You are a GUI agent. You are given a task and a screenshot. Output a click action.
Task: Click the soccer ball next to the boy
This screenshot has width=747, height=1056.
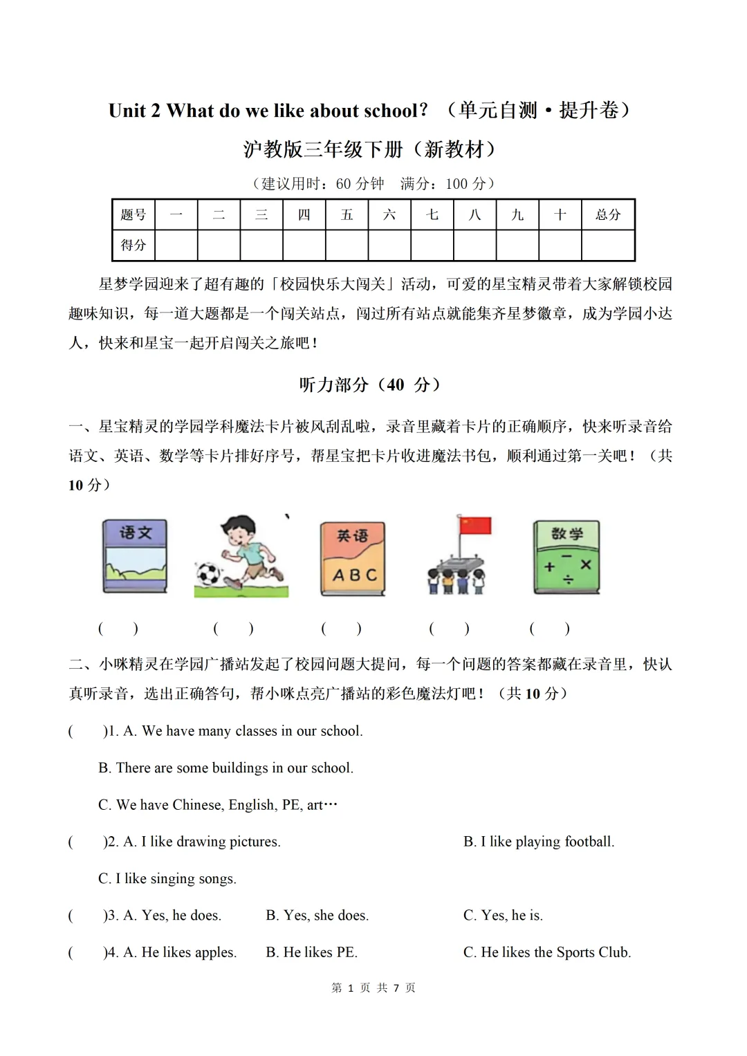coord(207,573)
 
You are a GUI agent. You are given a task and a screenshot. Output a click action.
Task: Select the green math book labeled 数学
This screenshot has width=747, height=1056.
coord(566,557)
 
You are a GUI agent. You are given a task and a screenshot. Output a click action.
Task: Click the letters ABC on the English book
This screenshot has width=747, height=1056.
coord(354,575)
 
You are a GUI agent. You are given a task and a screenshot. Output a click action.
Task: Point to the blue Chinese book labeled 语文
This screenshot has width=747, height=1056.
coord(135,557)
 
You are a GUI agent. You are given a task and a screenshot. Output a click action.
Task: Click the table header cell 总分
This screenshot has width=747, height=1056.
coord(608,214)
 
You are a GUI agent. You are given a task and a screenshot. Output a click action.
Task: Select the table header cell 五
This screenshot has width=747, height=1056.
coord(347,214)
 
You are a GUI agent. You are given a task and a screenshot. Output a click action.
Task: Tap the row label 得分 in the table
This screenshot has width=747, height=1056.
coord(133,245)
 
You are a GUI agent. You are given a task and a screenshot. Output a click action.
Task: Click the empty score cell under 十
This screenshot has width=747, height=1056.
coord(560,245)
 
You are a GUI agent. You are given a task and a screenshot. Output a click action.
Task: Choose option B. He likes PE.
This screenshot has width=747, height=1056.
coord(311,952)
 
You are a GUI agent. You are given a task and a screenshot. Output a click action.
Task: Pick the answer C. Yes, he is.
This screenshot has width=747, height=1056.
coord(503,916)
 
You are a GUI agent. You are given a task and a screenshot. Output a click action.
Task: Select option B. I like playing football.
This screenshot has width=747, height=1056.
coord(538,842)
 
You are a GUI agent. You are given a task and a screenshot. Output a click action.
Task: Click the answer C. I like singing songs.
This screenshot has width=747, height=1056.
coord(167,878)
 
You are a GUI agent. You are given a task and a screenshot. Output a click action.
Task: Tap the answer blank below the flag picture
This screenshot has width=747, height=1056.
coord(449,629)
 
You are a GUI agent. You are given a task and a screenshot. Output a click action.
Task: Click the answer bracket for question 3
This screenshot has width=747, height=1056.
coord(85,916)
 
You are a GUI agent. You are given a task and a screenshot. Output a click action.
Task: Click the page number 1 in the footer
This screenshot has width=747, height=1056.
coord(351,988)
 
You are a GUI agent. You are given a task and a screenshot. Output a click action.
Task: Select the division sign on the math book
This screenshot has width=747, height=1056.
coord(568,580)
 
